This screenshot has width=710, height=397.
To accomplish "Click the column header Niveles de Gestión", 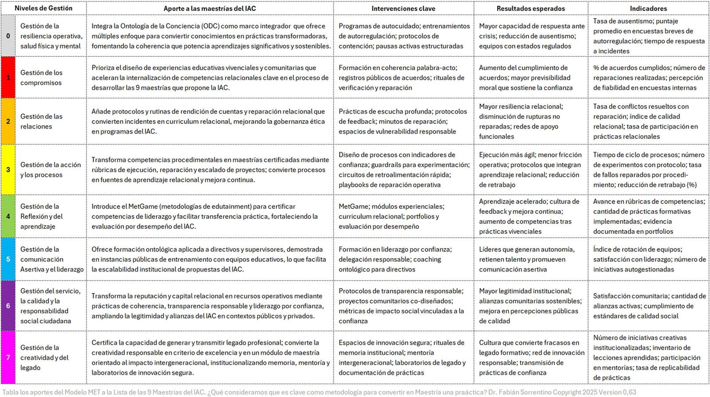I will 43,8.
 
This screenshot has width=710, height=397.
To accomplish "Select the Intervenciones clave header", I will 403,8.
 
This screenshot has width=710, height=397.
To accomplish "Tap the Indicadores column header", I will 648,8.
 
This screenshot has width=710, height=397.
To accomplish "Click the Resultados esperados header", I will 530,8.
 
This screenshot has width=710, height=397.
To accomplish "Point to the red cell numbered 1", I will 8,78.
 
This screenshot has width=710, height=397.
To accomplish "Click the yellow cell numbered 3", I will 8,169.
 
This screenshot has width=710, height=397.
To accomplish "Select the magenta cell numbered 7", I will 8,357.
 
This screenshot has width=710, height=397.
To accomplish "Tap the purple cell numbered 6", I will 8,306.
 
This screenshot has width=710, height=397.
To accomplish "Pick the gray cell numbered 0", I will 8,36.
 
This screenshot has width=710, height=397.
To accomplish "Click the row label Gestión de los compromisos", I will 41,78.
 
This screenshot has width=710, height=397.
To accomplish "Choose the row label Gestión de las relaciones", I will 41,121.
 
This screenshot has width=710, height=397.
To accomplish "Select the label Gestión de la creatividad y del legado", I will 44,357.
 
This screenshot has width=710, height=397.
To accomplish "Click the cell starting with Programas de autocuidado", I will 403,36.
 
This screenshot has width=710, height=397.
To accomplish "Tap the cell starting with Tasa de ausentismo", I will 648,36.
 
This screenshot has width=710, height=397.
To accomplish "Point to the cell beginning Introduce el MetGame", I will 209,216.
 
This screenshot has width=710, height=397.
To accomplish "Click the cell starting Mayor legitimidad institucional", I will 530,306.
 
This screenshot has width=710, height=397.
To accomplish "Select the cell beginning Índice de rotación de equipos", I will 648,259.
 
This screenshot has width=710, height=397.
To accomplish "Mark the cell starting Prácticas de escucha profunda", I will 403,121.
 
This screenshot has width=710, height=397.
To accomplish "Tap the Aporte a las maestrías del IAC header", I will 209,8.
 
